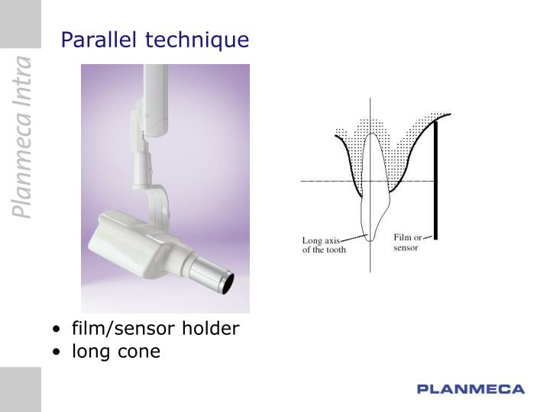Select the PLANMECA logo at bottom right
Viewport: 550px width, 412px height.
pyautogui.click(x=471, y=389)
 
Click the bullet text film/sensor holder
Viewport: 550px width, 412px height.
pyautogui.click(x=155, y=329)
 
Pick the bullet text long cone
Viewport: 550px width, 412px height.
pyautogui.click(x=116, y=351)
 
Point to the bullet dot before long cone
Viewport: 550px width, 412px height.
pyautogui.click(x=58, y=352)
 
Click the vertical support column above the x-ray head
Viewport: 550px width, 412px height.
pyautogui.click(x=155, y=99)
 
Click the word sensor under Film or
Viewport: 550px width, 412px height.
pyautogui.click(x=406, y=248)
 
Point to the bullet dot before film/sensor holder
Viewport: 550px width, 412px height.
pyautogui.click(x=58, y=330)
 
